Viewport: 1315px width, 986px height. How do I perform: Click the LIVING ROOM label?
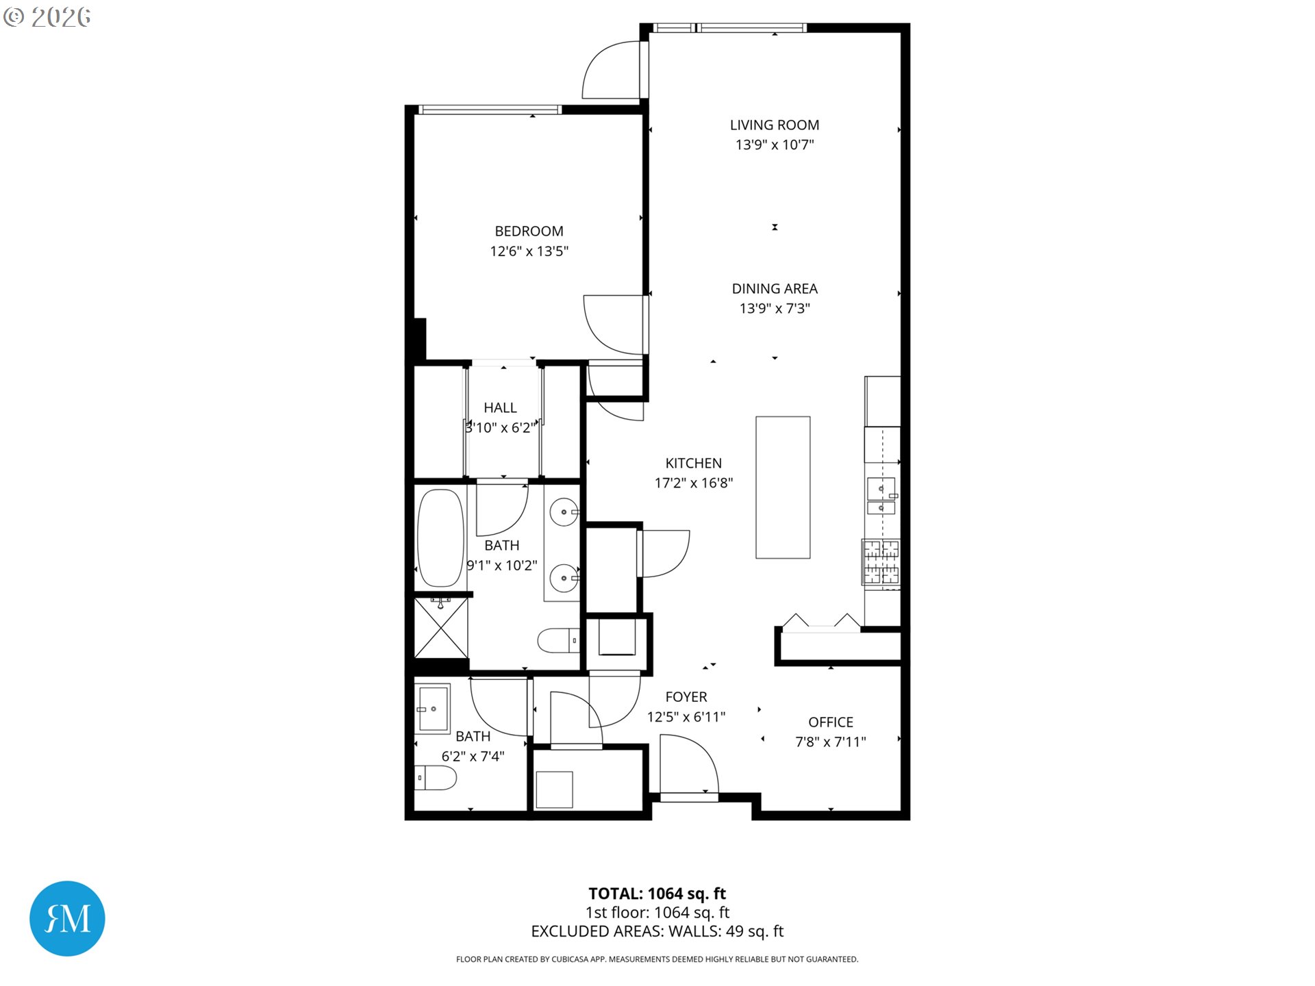(774, 125)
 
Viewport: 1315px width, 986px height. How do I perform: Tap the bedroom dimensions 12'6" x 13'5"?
(529, 251)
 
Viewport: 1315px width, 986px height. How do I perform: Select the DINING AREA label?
(774, 289)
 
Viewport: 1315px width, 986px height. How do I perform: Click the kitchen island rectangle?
(783, 488)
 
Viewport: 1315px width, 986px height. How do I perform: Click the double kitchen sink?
(881, 496)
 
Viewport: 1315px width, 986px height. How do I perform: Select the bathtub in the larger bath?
(440, 538)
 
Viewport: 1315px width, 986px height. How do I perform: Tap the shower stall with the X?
(441, 628)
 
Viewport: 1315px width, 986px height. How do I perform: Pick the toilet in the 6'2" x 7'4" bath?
(436, 778)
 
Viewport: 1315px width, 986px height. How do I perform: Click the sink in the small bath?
(433, 709)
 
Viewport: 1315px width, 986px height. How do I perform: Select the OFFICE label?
(830, 722)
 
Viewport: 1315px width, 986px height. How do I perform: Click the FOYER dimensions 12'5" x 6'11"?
(686, 717)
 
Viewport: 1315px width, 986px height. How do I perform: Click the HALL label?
(500, 408)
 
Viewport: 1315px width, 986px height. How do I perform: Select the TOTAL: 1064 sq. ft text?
(657, 894)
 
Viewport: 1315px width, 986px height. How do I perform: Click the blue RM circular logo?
(67, 918)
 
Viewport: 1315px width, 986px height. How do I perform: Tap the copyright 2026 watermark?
(47, 16)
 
